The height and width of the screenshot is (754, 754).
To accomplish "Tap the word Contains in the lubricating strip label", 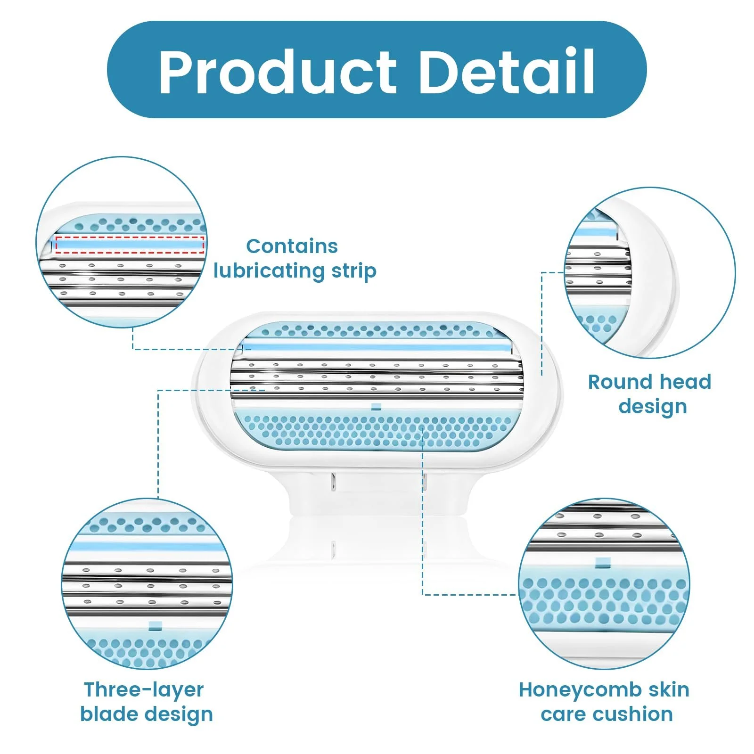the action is pos(292,246).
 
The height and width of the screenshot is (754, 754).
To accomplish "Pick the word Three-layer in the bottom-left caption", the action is pos(144,690).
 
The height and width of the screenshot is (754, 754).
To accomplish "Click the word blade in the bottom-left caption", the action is pos(109,714).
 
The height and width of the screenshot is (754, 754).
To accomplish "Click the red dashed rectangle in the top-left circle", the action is pos(130,245).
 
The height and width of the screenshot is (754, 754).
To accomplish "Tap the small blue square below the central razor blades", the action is pos(376,406).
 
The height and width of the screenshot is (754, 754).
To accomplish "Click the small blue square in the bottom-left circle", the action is pos(155,625).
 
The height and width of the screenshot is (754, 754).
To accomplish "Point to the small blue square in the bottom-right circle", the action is pos(603,562).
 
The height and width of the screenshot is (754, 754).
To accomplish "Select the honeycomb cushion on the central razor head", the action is pos(377,430).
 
